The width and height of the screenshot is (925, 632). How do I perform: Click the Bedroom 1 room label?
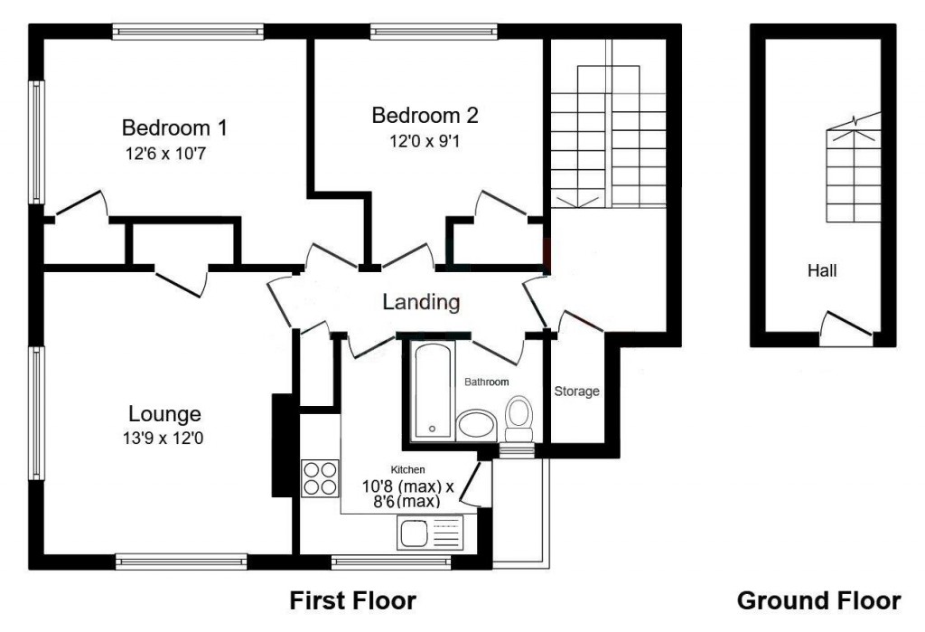(174, 127)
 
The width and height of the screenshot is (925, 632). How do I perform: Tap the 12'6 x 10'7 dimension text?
(165, 155)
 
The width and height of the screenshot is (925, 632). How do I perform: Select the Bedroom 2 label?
(425, 115)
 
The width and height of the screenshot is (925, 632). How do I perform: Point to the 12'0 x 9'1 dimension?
(425, 142)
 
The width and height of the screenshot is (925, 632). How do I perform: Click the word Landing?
(421, 302)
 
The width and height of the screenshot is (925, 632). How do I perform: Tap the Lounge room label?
(164, 414)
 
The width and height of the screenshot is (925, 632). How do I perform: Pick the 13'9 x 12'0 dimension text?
(164, 439)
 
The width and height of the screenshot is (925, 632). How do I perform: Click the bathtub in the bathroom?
(433, 391)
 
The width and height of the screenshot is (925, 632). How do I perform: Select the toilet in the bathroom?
(519, 419)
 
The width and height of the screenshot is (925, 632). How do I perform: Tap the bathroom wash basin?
(477, 424)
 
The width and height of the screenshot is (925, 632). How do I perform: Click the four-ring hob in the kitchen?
(320, 477)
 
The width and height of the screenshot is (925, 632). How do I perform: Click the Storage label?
(576, 391)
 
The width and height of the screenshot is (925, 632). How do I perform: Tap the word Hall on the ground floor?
(822, 271)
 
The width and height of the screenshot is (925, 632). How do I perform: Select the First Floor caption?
(353, 600)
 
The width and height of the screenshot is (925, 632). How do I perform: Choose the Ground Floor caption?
(818, 600)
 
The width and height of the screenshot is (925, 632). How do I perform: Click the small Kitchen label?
(407, 469)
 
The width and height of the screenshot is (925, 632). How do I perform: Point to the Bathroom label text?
(486, 382)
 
